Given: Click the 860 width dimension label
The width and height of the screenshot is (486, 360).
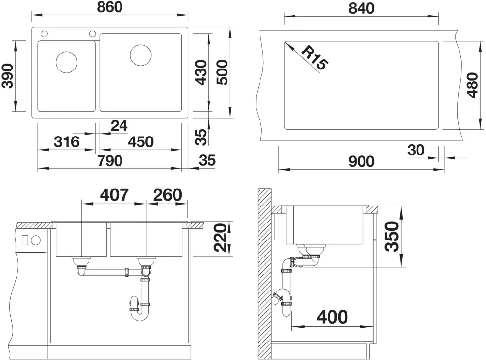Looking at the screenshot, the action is tap(110, 7).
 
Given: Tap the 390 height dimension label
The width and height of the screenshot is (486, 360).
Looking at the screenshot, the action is tap(8, 76).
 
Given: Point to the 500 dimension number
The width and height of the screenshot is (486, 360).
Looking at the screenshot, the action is tap(222, 72).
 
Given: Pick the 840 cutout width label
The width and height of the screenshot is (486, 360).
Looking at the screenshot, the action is tap(362, 8).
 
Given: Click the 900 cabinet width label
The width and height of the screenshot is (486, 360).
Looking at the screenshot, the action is tap(362, 161).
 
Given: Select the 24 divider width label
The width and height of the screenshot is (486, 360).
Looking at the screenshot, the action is tap(119, 126).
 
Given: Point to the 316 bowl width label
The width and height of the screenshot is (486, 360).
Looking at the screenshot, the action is tap(67, 142).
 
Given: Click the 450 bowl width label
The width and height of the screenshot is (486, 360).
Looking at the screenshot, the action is tap(141, 142).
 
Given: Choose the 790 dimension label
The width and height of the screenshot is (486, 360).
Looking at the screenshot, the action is tap(110, 161).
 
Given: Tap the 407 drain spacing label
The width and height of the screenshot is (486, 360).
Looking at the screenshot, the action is tap(114, 195).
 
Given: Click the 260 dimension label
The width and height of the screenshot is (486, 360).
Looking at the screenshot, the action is tap(167, 195).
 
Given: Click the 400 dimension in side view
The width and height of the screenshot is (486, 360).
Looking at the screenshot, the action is tap(332, 317).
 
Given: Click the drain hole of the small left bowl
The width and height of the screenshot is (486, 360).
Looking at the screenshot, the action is tap(67, 62).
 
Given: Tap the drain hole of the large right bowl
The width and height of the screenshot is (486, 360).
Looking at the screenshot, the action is tap(141, 55).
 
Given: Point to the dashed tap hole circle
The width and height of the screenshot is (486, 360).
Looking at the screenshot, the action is tap(44, 34).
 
